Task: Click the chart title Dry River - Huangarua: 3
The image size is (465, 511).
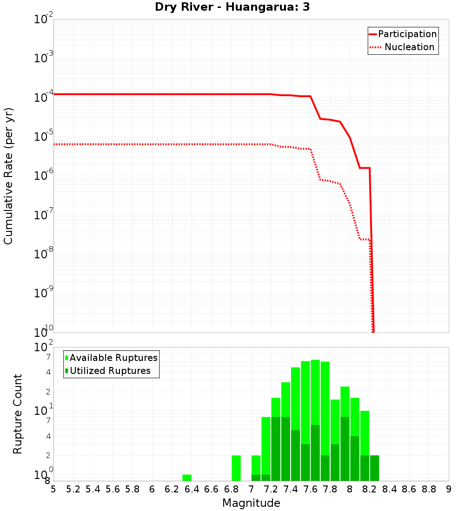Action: (232, 7)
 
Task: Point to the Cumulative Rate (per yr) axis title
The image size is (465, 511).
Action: (8, 176)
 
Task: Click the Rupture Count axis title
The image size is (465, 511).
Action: (18, 414)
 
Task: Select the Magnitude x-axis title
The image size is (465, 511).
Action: (251, 503)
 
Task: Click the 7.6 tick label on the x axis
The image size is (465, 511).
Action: (310, 489)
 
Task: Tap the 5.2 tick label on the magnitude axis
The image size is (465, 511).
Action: (73, 489)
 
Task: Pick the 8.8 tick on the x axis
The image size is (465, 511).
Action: (429, 489)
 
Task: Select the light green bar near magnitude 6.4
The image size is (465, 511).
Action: (186, 478)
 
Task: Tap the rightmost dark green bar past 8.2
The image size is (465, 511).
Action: (374, 468)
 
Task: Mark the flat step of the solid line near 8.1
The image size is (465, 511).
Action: (365, 168)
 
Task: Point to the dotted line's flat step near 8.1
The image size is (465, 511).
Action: (365, 239)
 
